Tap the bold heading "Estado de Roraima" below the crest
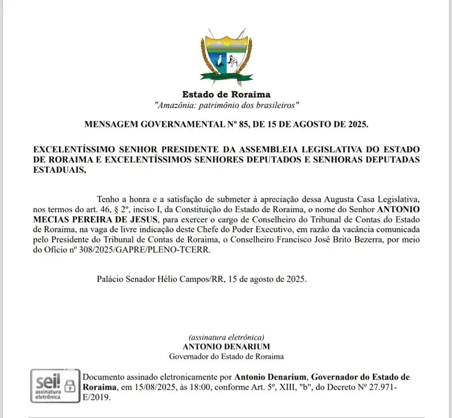226,95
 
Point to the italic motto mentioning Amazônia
226,106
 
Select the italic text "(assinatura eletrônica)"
226,337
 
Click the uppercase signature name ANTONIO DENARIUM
226,346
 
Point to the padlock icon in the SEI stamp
70,386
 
